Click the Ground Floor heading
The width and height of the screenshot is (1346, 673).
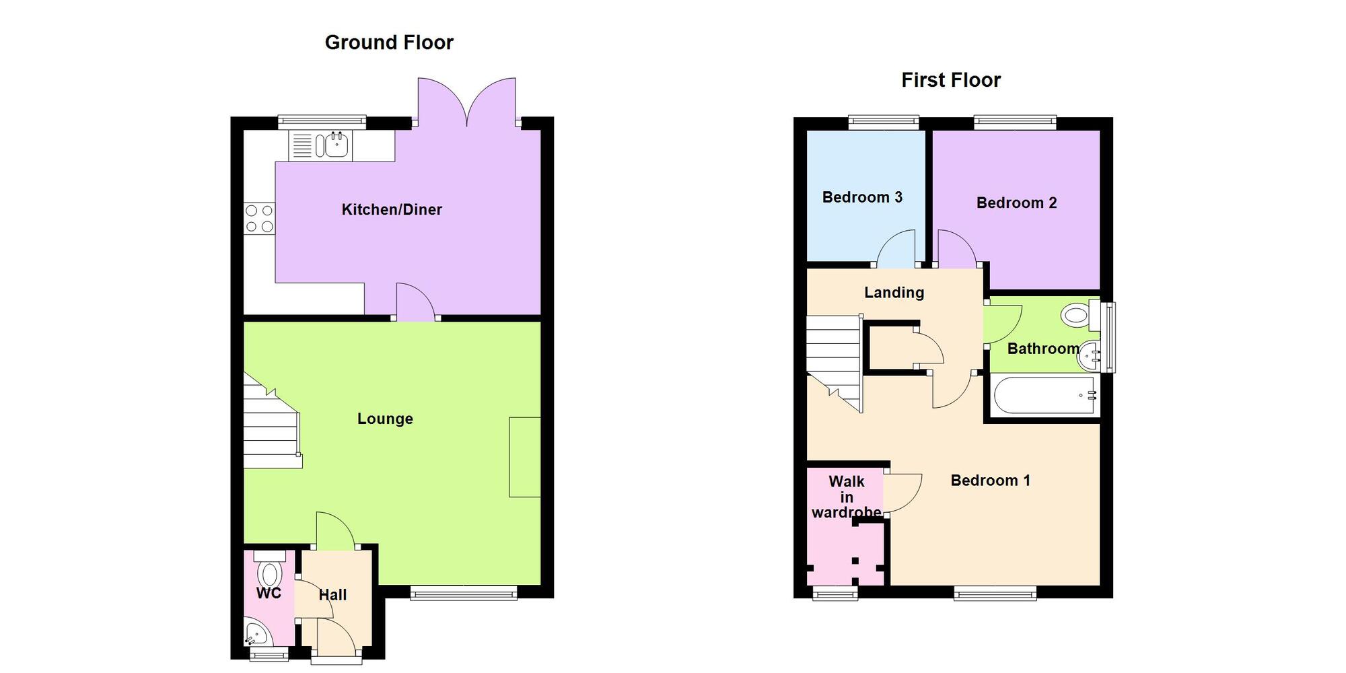[x=389, y=42]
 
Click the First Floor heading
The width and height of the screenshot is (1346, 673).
[x=950, y=80]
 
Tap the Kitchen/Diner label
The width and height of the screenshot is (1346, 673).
[x=392, y=209]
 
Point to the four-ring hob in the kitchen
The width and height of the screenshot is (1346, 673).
[x=259, y=219]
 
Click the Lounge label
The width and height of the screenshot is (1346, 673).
[x=385, y=419]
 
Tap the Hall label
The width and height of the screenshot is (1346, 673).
[x=332, y=595]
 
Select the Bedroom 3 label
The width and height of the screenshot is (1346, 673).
[x=862, y=197]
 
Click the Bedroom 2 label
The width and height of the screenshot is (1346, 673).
[x=1016, y=203]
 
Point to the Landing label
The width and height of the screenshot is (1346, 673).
[x=894, y=292]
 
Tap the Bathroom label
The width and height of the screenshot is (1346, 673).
[x=1042, y=349]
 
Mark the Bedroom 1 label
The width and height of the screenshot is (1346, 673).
[x=990, y=481]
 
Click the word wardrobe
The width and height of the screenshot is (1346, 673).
[x=846, y=512]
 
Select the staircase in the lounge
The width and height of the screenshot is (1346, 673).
[x=271, y=424]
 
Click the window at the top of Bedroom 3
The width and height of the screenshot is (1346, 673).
[x=883, y=122]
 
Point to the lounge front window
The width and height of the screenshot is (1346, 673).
[x=464, y=592]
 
